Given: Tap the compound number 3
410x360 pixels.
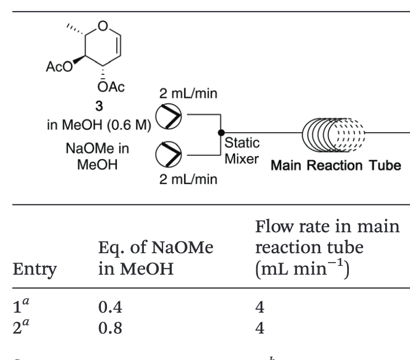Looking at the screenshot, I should click(100, 102).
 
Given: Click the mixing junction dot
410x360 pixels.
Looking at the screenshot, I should click(221, 132).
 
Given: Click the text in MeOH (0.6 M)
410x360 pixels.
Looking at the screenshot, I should click(97, 121).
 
